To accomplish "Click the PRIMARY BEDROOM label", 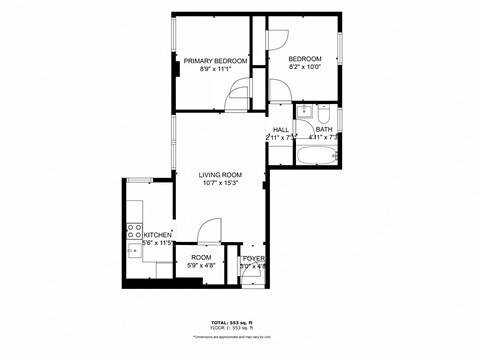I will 215,61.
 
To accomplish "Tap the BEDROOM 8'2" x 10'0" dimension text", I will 305,69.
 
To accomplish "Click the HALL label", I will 281,129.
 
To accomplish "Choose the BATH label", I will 324,129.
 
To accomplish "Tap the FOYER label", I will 254,258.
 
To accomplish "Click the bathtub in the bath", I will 318,155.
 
